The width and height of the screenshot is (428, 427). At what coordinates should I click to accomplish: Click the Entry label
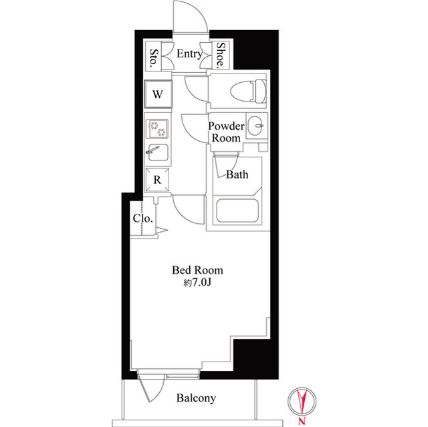(x=189, y=53)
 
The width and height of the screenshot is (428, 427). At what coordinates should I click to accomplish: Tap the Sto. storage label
(x=154, y=57)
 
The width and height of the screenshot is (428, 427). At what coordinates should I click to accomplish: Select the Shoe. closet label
(x=221, y=55)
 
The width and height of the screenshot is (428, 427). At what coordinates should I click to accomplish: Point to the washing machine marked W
(x=158, y=94)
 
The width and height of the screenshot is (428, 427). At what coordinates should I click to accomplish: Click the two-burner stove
(x=158, y=129)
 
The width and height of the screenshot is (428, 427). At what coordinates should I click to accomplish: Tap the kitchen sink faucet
(x=152, y=150)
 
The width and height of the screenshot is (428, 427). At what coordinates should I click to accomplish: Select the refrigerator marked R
(x=157, y=180)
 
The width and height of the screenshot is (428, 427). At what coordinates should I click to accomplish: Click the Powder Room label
(x=226, y=132)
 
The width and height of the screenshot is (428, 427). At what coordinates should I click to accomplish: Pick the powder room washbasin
(x=257, y=126)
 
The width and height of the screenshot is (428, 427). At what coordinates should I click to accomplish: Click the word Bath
(x=237, y=174)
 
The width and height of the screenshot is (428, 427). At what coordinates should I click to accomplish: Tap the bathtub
(x=237, y=210)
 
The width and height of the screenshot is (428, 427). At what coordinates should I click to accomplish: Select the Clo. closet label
(x=142, y=219)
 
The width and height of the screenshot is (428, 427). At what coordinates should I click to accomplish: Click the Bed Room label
(x=197, y=270)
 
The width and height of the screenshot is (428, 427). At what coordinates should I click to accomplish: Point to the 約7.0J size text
(x=197, y=283)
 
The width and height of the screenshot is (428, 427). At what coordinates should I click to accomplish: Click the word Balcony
(x=196, y=398)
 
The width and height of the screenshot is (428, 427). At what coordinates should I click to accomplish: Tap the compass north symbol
(x=302, y=401)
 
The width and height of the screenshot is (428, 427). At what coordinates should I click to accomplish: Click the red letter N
(x=302, y=421)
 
